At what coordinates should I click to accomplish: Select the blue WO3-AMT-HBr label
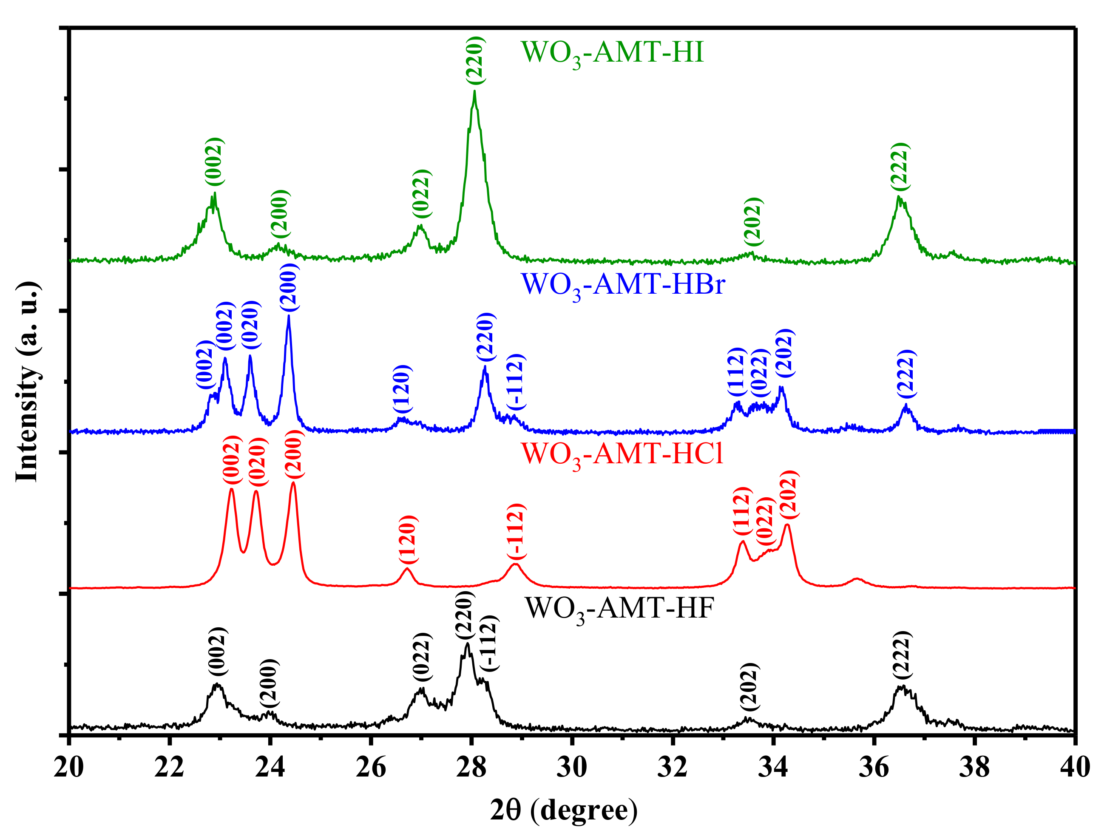tap(622, 285)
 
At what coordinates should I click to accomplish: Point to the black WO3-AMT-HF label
tap(619, 609)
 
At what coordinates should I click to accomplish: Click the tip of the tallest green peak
tap(474, 91)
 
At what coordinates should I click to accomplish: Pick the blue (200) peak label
tap(289, 288)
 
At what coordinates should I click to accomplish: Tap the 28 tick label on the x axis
tap(471, 767)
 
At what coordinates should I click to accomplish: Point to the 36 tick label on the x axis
tap(874, 767)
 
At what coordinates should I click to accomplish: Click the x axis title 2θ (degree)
tap(564, 811)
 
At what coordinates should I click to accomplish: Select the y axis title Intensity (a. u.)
tap(28, 382)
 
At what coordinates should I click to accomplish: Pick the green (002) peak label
tap(214, 162)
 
